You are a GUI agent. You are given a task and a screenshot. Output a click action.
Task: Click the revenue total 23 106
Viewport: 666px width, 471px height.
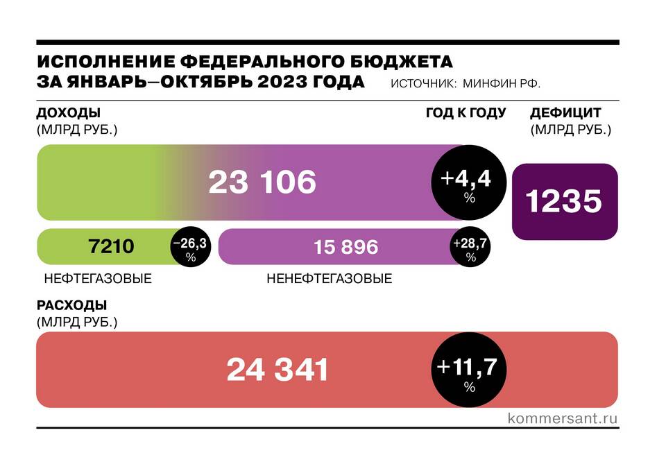coord(262,182)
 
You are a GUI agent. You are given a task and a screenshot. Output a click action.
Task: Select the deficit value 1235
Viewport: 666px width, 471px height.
coord(564,202)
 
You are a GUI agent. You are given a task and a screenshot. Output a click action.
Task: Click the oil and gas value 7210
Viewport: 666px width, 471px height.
coord(111,246)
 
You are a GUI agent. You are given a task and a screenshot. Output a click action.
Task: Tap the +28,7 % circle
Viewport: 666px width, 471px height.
coord(471,246)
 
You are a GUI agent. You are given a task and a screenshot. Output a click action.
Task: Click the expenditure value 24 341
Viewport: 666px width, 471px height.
coord(277,370)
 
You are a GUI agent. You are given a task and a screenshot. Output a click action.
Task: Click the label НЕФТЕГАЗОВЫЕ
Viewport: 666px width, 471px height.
coord(97,279)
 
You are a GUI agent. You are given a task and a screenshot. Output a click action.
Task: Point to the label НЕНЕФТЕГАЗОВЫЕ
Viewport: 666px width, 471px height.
coord(330,279)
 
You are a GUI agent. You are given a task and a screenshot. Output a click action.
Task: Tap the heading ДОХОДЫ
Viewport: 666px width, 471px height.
coord(68,113)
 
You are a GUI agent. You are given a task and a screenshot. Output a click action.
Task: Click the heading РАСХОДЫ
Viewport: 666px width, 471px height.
coord(71,305)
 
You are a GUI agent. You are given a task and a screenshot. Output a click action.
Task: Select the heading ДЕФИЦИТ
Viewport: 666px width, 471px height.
coord(565,113)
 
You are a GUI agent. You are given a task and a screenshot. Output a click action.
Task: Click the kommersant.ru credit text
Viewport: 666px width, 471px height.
coord(563,418)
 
